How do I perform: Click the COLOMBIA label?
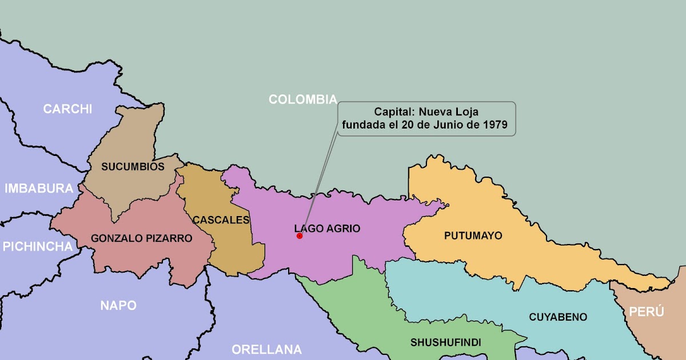(302, 99)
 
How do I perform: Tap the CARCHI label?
(67, 109)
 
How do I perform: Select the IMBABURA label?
(39, 188)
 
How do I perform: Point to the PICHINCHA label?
(38, 246)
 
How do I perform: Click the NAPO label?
(118, 305)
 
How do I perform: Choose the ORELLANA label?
(266, 349)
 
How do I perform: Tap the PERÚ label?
(647, 311)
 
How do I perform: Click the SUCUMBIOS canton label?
(133, 167)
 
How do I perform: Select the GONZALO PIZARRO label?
(142, 238)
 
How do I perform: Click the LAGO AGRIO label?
(328, 229)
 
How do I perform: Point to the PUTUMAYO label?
(473, 235)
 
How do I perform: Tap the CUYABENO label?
(558, 317)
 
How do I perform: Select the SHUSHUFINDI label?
(445, 342)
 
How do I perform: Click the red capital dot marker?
(299, 235)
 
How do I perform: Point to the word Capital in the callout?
(394, 111)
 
